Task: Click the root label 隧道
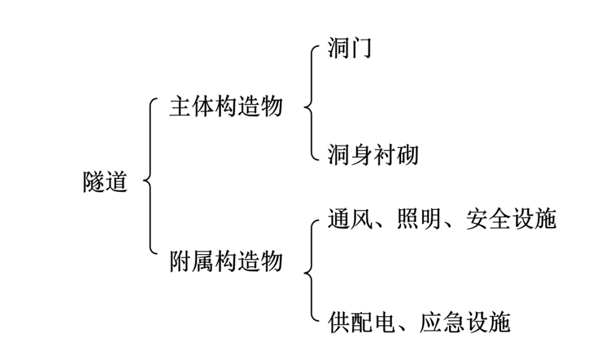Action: (x=105, y=182)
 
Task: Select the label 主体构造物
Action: (x=225, y=107)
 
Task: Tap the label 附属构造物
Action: (x=225, y=260)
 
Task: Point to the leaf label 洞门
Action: (x=349, y=49)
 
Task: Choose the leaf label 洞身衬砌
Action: (x=373, y=154)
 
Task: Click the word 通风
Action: (x=350, y=219)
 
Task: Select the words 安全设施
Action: (x=512, y=219)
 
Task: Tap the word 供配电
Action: (x=361, y=323)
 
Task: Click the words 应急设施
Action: (x=465, y=323)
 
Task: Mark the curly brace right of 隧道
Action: (x=149, y=182)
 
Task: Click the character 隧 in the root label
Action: (x=94, y=182)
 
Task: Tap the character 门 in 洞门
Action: (x=361, y=49)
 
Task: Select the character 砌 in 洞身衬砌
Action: (x=407, y=154)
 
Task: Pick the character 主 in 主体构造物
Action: (x=180, y=107)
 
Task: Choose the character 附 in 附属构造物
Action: (x=180, y=260)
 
